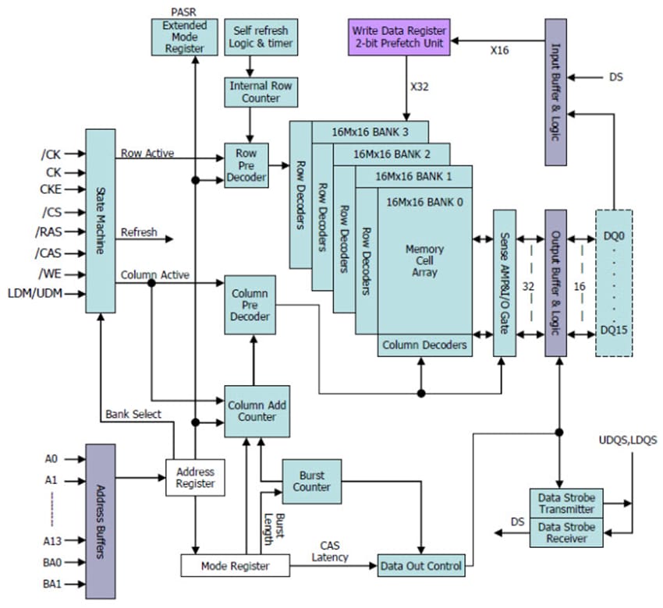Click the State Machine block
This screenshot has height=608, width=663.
(x=100, y=221)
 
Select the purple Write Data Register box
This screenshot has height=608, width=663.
(x=400, y=36)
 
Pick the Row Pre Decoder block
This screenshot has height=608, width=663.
(x=246, y=164)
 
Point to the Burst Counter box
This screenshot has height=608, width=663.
(x=311, y=481)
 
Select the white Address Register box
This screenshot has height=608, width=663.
(x=195, y=478)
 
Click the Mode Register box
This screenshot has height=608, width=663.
(x=235, y=565)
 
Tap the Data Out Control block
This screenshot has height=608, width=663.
(x=420, y=565)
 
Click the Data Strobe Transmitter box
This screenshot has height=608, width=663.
(x=567, y=503)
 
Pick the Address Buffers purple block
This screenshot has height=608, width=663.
(x=100, y=521)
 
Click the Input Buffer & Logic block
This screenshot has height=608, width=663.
(x=555, y=91)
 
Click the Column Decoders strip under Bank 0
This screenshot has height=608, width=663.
(x=425, y=345)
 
